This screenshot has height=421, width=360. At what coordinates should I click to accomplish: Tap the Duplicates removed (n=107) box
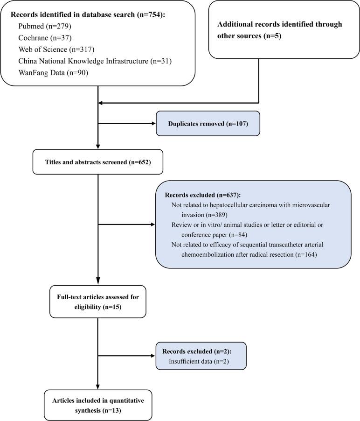208,124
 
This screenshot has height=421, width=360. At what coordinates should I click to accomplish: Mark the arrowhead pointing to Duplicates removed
153,124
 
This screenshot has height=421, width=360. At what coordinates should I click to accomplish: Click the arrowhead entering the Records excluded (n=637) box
153,225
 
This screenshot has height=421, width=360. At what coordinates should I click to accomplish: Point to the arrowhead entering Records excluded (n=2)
153,356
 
